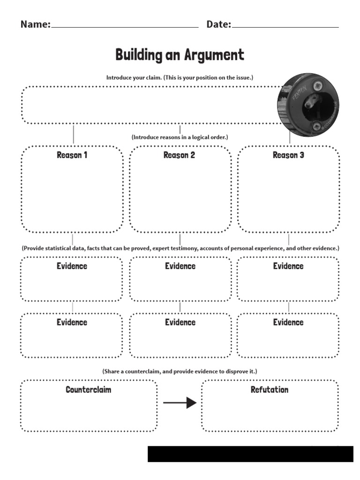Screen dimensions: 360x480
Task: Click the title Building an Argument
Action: point(180,55)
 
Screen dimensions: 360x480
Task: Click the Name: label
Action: point(35,24)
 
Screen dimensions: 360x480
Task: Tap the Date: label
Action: point(219,24)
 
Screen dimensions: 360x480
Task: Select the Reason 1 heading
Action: point(72,155)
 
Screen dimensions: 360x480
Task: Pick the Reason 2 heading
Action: point(179,155)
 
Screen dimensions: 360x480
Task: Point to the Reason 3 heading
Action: point(288,155)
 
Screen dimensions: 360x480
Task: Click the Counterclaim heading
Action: point(89,390)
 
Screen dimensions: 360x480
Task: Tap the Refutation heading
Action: point(270,390)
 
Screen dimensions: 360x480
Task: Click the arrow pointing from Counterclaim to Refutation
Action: point(180,402)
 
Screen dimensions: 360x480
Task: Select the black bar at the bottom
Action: point(250,454)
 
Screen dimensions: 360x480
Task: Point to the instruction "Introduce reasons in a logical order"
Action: point(180,137)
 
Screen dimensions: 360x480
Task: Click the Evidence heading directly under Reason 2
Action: point(180,266)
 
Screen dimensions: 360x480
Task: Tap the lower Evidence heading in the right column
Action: point(288,322)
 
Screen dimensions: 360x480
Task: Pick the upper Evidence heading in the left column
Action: point(72,266)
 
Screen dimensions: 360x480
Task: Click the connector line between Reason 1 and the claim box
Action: point(73,135)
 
